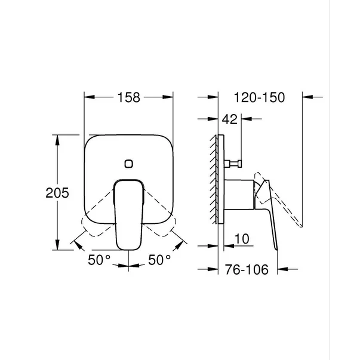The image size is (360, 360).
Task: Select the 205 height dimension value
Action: click(58, 193)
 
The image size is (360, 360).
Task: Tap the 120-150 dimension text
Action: click(260, 97)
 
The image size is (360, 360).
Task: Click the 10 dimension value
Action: click(241, 239)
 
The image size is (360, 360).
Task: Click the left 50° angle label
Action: click(100, 260)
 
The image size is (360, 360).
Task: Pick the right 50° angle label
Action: click(159, 260)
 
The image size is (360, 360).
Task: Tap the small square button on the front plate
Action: click(128, 163)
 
